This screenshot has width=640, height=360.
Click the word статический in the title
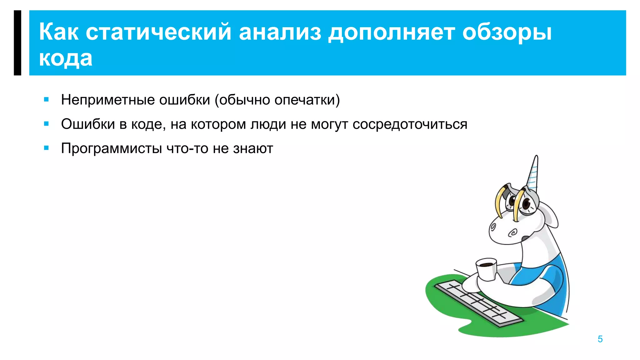pyautogui.click(x=158, y=32)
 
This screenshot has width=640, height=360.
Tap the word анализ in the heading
pyautogui.click(x=280, y=32)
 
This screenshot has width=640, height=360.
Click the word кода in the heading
pyautogui.click(x=66, y=58)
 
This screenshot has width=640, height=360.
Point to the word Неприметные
pyautogui.click(x=108, y=100)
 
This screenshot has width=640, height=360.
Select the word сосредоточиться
pyautogui.click(x=410, y=124)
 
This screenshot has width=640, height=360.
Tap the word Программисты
pyautogui.click(x=111, y=149)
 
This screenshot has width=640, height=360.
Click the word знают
pyautogui.click(x=253, y=149)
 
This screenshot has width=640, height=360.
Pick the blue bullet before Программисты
pyautogui.click(x=47, y=148)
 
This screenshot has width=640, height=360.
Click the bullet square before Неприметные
pyautogui.click(x=47, y=100)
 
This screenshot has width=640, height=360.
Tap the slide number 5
pyautogui.click(x=600, y=339)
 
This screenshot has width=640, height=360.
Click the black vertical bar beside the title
pyautogui.click(x=17, y=43)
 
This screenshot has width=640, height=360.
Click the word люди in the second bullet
pyautogui.click(x=268, y=124)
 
